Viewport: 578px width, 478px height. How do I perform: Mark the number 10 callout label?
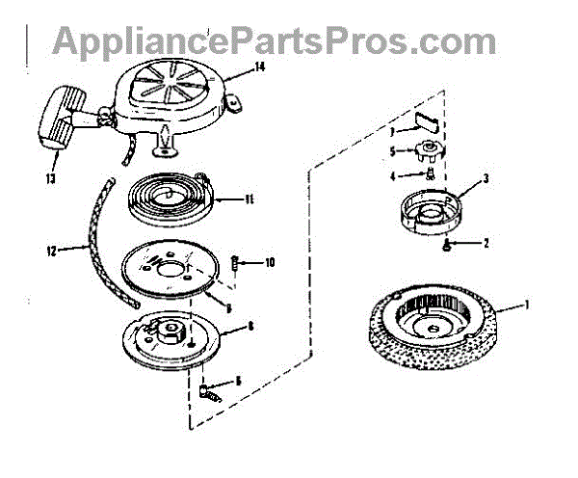(271, 262)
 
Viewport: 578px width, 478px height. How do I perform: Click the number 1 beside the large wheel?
(528, 305)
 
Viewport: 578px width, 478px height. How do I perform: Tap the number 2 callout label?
(486, 244)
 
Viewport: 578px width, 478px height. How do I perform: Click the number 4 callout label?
(392, 174)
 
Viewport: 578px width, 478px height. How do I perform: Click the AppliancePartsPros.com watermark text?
(275, 40)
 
